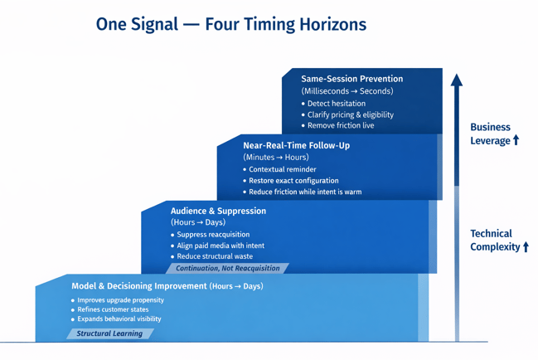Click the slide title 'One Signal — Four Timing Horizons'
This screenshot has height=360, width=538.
[230, 24]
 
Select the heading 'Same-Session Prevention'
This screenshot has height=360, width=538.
[351, 79]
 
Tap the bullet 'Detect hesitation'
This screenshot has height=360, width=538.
[336, 104]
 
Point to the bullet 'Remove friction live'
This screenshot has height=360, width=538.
[340, 126]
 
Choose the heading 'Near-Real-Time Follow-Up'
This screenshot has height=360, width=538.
[296, 145]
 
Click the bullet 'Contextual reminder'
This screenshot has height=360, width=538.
[282, 169]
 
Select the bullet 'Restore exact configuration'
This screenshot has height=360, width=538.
[293, 180]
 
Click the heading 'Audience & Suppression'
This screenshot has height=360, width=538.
[218, 211]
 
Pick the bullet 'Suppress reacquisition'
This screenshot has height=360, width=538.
[213, 235]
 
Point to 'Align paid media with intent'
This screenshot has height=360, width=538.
[221, 246]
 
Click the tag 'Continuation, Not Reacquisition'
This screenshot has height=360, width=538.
[227, 269]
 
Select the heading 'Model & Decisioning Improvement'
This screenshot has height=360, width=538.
[139, 286]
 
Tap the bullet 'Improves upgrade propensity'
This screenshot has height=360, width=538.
[120, 300]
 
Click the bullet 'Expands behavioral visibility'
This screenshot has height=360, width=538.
[119, 319]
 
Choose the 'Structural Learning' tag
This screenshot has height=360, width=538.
[109, 333]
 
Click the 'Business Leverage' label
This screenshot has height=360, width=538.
[494, 134]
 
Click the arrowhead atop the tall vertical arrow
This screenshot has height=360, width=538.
[456, 80]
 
